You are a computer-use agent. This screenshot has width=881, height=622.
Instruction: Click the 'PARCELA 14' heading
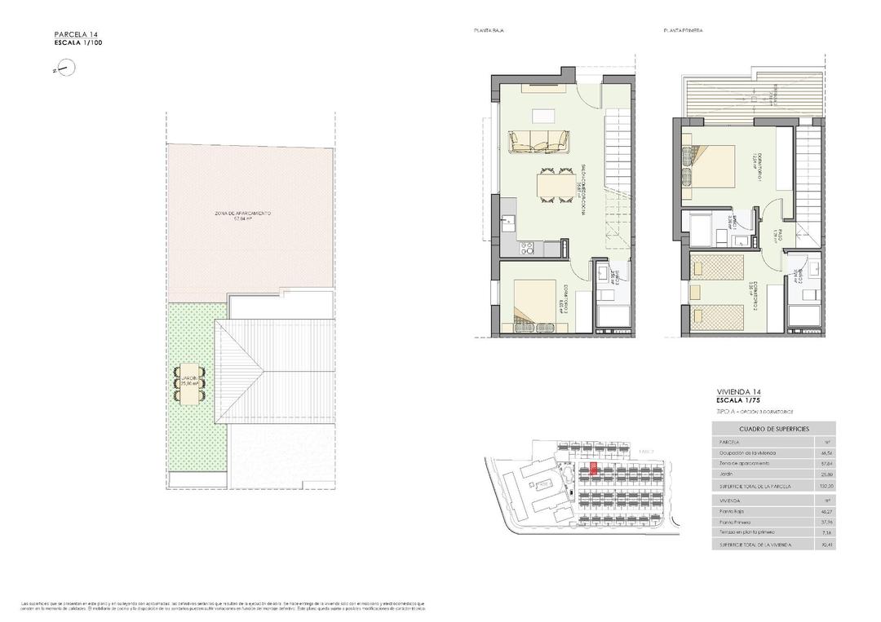click(76, 34)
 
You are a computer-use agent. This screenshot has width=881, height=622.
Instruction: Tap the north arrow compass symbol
click(64, 70)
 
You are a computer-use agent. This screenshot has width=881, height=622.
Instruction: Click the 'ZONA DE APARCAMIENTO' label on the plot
click(241, 214)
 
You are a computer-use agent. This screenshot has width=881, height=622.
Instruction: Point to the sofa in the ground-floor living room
click(539, 142)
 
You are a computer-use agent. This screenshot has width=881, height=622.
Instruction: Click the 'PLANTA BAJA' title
click(488, 30)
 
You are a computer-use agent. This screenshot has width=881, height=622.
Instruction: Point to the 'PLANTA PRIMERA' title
click(683, 30)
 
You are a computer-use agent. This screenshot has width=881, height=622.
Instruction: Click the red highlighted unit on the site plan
click(593, 469)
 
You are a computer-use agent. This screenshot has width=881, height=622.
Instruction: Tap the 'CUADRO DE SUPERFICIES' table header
click(773, 429)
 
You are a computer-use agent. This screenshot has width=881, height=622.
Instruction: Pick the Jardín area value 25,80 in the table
click(826, 474)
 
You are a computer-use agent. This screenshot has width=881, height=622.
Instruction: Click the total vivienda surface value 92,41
click(826, 543)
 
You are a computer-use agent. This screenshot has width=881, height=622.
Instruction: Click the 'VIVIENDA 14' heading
click(740, 392)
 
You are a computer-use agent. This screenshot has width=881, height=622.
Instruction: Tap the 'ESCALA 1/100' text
click(78, 42)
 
